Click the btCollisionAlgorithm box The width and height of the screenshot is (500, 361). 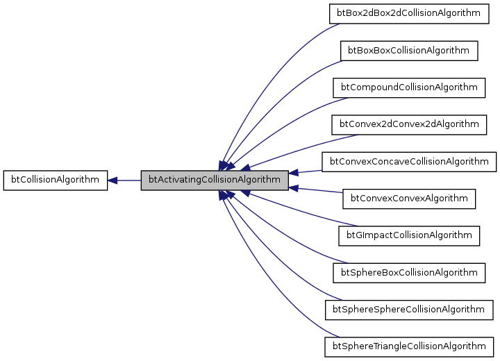tap(56, 180)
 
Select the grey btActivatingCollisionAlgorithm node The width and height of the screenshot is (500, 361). tap(215, 180)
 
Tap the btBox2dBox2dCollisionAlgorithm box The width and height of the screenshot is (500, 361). tap(409, 13)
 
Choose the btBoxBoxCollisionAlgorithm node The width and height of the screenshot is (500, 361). tap(409, 51)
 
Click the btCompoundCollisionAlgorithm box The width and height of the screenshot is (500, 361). tap(409, 87)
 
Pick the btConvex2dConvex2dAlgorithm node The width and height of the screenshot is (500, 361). tap(409, 124)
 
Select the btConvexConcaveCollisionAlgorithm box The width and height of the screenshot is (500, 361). tap(409, 162)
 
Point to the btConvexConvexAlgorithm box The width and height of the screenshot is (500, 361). tap(409, 199)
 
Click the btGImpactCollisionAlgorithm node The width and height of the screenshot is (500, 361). tap(409, 235)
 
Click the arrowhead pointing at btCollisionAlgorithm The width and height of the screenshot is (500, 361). tap(113, 180)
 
